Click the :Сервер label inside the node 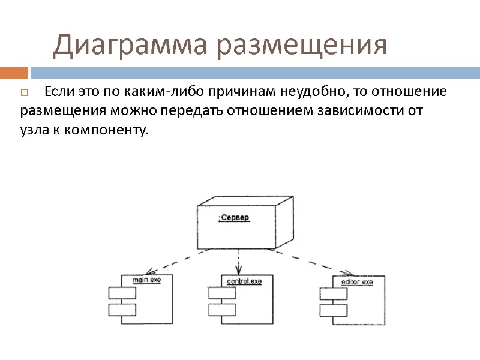pyautogui.click(x=234, y=218)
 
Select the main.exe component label pyautogui.click(x=146, y=280)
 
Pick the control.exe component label pyautogui.click(x=244, y=281)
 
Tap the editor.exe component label pyautogui.click(x=358, y=282)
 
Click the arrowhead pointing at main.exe pyautogui.click(x=148, y=271)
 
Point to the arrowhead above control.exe pyautogui.click(x=238, y=271)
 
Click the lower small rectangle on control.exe pyautogui.click(x=221, y=310)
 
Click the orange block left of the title pyautogui.click(x=14, y=73)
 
